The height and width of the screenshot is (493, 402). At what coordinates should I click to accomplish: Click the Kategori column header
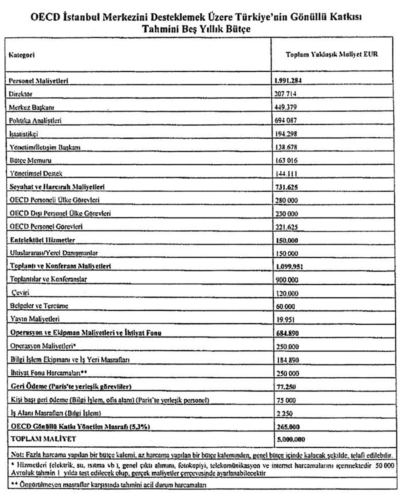tap(22, 55)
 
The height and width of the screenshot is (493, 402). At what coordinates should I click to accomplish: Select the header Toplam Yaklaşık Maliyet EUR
tap(332, 55)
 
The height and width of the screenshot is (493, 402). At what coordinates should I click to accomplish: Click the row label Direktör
tap(21, 94)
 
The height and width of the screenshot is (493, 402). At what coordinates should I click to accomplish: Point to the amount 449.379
tap(286, 107)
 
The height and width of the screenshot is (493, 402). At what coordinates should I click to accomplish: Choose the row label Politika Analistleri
tap(35, 121)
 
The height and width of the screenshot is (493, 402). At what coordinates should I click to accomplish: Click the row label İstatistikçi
tap(24, 134)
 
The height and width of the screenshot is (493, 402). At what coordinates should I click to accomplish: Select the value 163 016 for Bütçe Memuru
tap(286, 160)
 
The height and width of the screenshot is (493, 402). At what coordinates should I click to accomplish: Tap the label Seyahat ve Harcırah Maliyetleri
tap(57, 187)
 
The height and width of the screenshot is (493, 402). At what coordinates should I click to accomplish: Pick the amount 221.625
tap(286, 227)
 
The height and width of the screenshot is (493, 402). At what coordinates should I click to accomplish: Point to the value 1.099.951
tap(289, 267)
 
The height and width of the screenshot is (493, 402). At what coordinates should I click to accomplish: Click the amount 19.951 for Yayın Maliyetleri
tap(285, 319)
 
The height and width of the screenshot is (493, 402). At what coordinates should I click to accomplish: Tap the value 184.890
tap(287, 360)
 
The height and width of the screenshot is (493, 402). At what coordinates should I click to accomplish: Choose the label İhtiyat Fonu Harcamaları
tap(48, 373)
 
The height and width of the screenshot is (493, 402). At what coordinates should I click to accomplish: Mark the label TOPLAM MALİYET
tap(43, 439)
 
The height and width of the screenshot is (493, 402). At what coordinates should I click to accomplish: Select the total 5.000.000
tap(291, 439)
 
